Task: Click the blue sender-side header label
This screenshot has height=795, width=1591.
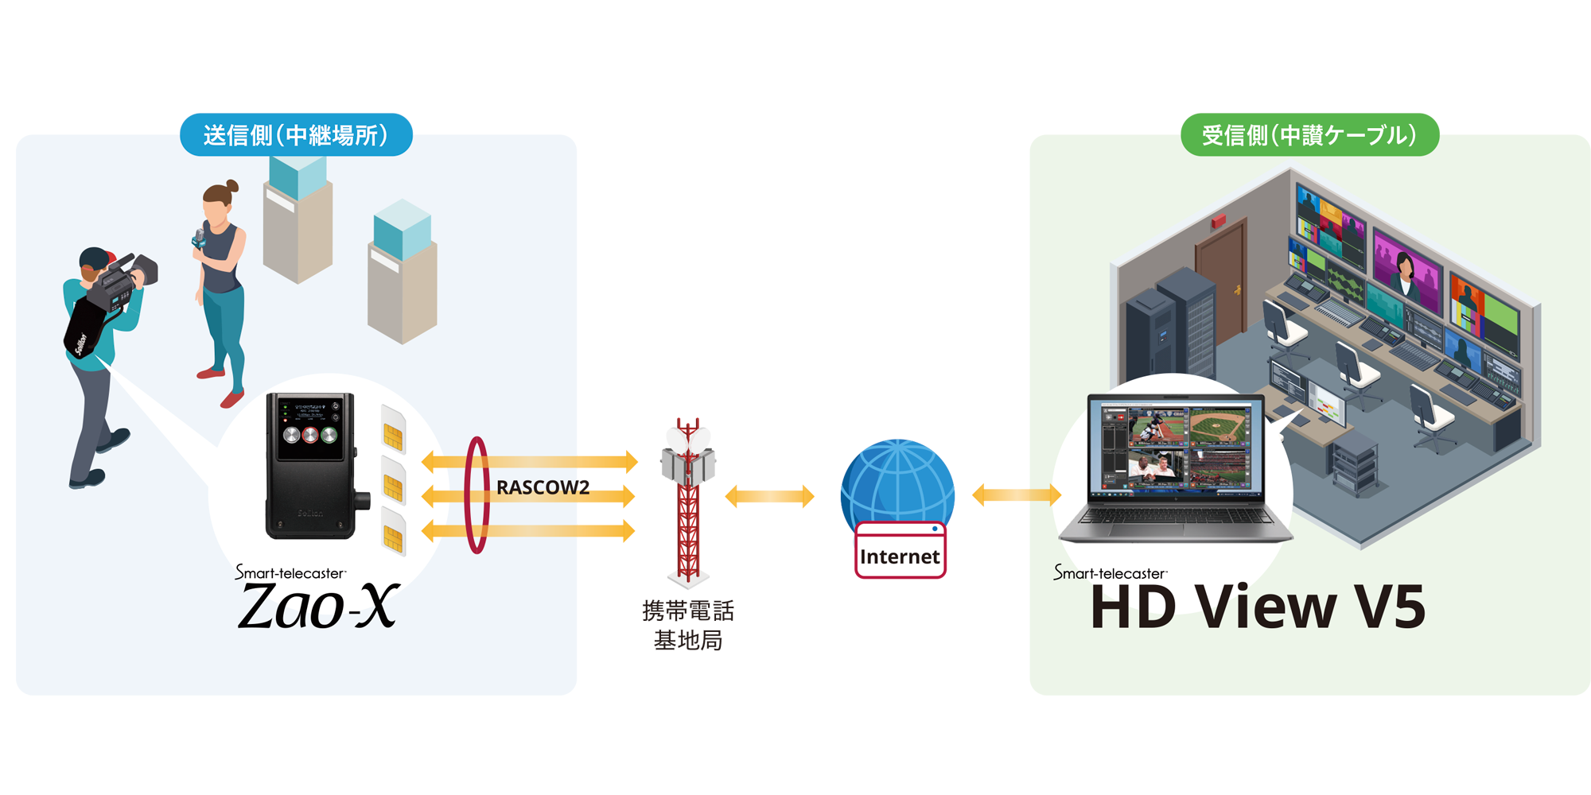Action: (296, 135)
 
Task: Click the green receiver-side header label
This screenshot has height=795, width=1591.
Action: (1309, 135)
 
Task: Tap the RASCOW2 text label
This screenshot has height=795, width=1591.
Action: (543, 487)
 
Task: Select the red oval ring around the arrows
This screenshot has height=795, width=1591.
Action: (477, 494)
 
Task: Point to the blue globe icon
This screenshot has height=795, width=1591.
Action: (897, 481)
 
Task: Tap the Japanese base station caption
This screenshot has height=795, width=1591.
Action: (688, 625)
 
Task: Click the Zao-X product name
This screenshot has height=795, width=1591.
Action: (318, 607)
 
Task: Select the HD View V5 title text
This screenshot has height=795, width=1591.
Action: (1257, 607)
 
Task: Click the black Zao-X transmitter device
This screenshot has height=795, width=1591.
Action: (312, 466)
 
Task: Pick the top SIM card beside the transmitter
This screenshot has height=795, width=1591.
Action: (393, 429)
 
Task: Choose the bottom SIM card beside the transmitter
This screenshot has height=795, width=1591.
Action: (393, 532)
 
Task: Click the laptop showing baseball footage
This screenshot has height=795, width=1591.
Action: (1175, 469)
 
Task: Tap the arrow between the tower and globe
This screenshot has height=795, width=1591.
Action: (769, 497)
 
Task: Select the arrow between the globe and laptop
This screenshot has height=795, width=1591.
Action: (1017, 495)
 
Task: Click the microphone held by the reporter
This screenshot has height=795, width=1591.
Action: (199, 238)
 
